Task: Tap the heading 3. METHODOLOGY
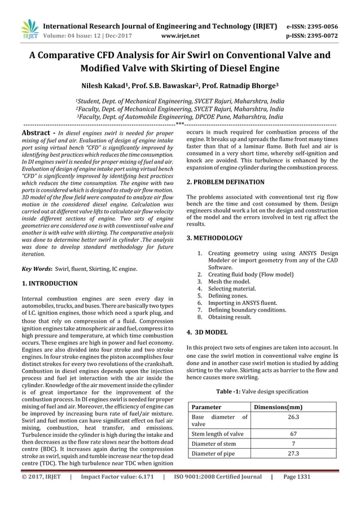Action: click(x=214, y=238)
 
